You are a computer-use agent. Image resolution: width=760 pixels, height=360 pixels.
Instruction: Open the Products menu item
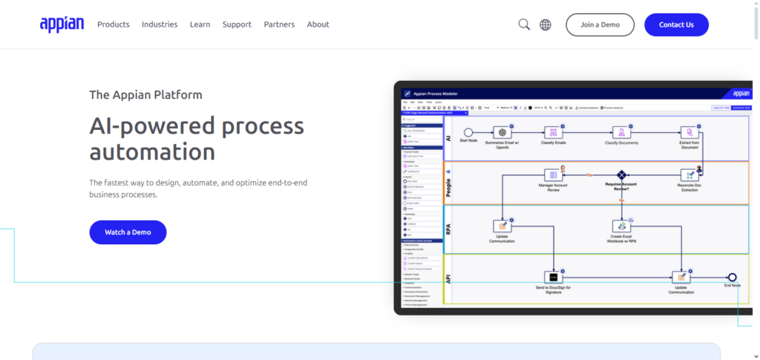pos(114,24)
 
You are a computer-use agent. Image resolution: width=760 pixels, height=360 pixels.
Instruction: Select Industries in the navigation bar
pos(160,24)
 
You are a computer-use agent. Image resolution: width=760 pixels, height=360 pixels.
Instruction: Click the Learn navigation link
pos(200,24)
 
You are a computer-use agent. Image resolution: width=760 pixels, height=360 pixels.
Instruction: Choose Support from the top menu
pos(237,24)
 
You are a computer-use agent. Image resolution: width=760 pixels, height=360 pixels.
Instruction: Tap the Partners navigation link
pos(279,24)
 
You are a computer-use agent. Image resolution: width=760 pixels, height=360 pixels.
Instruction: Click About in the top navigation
pos(318,24)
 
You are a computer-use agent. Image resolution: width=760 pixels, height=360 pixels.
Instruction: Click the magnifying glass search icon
pos(524,24)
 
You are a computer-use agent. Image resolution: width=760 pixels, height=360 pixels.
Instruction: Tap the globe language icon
pos(546,24)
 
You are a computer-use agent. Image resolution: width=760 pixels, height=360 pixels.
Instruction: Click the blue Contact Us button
pos(676,24)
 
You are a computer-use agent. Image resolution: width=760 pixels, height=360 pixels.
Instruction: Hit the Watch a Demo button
pos(128,232)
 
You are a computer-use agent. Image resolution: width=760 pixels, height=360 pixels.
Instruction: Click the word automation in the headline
pos(152,152)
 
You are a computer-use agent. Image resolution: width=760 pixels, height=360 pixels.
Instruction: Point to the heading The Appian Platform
pos(145,95)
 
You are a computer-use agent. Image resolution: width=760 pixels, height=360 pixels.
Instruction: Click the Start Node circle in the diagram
pos(468,132)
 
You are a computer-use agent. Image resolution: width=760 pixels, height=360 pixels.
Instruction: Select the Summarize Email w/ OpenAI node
pos(502,132)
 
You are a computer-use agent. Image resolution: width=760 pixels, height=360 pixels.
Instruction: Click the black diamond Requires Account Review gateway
pos(621,175)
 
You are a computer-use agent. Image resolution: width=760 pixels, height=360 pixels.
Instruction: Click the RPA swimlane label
pos(449,229)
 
